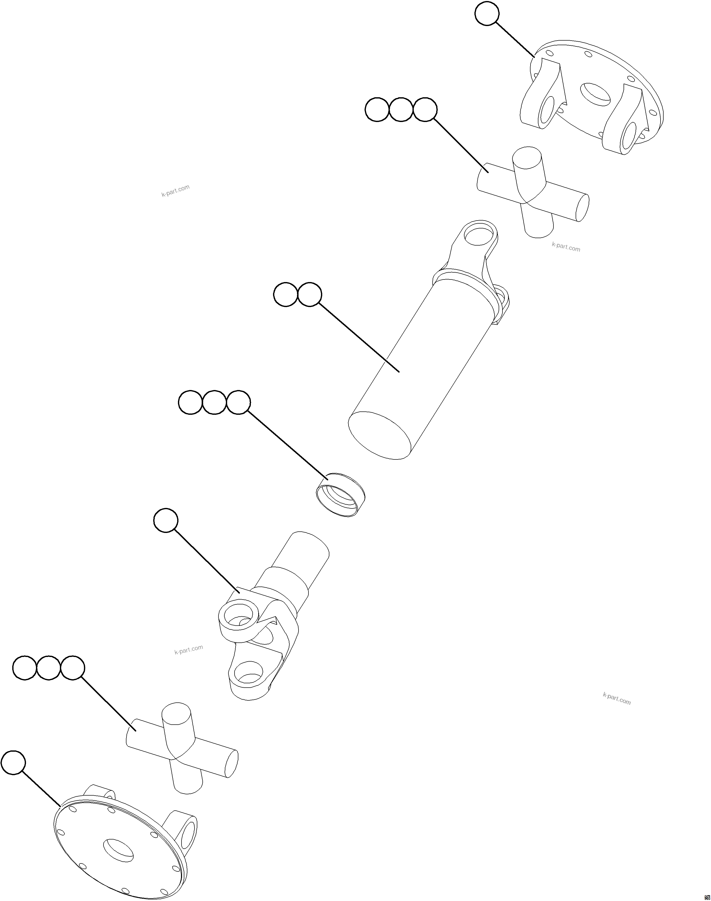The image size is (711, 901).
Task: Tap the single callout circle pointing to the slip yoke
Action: [166, 520]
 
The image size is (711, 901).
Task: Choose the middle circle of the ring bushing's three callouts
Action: [214, 403]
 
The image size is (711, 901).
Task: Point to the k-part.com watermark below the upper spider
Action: [566, 247]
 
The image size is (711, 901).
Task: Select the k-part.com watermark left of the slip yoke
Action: [189, 649]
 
